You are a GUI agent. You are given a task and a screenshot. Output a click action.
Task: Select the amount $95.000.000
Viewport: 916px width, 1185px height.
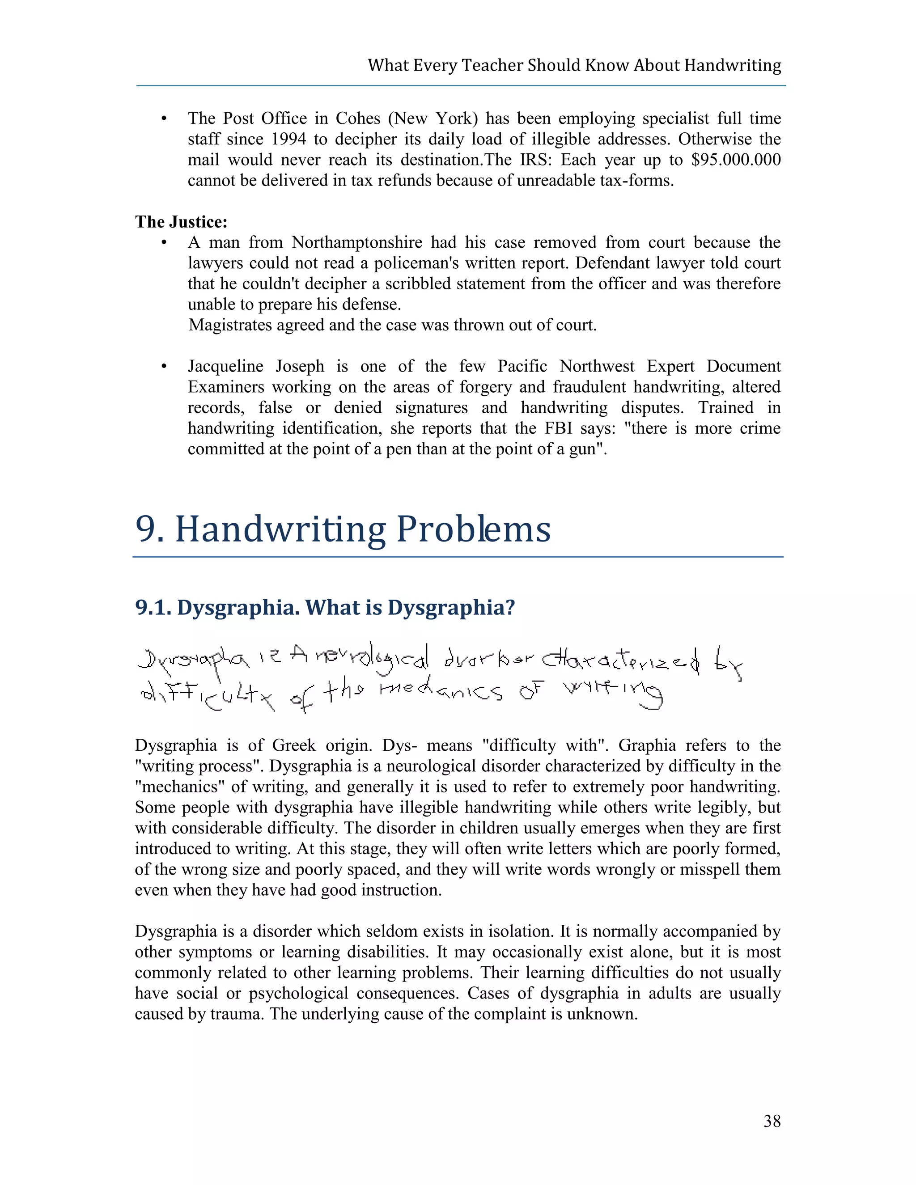[x=736, y=160]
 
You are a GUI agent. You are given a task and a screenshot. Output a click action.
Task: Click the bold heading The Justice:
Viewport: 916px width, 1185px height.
[x=181, y=222]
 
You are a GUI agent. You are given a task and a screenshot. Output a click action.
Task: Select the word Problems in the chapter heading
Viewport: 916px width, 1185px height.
[x=473, y=529]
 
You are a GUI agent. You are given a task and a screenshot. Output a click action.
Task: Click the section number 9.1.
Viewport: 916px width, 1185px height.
[x=153, y=608]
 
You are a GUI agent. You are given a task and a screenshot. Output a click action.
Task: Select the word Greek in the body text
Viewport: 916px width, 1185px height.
[x=293, y=745]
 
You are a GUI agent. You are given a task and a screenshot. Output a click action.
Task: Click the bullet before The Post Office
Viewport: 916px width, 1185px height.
[x=164, y=119]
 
